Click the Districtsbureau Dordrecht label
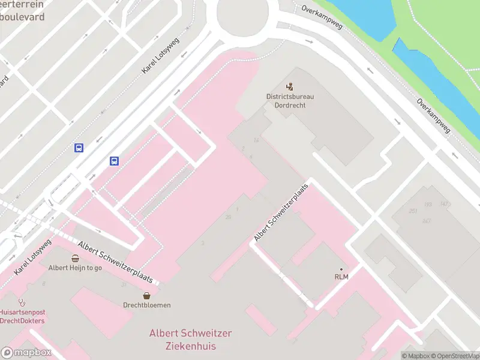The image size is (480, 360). tap(290, 100)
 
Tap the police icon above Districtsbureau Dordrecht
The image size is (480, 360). tap(290, 86)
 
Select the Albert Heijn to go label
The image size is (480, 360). tap(75, 268)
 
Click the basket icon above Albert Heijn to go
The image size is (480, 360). tap(75, 259)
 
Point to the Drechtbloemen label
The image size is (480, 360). tap(147, 305)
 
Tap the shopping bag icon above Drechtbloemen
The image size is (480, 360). tap(147, 295)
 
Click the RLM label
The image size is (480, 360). tap(341, 277)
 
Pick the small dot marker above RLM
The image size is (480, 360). tap(341, 269)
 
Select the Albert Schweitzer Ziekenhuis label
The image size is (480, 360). tap(190, 340)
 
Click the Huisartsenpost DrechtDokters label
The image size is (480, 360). tap(22, 316)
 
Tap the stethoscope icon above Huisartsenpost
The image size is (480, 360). tap(23, 302)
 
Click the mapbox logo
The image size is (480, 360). tap(26, 353)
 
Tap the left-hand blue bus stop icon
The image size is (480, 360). tap(79, 148)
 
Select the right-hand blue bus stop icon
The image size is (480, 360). tap(114, 161)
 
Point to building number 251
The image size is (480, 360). tap(413, 211)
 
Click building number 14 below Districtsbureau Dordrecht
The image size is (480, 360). tap(256, 140)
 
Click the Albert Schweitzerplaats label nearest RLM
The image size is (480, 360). tap(281, 212)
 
